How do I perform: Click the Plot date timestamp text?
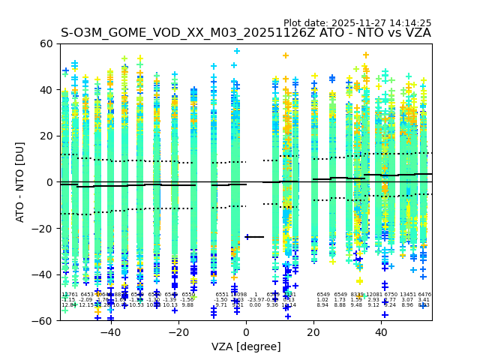point(357,23)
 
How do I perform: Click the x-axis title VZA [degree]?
point(245,346)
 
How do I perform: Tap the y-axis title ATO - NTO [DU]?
point(20,182)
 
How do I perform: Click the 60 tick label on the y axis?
point(46,43)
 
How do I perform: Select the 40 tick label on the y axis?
point(46,90)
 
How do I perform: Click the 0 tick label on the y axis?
point(49,182)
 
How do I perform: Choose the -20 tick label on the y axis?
point(43,228)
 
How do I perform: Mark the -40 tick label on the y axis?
point(43,274)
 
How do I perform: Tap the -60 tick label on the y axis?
point(43,320)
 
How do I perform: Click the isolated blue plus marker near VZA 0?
point(247,237)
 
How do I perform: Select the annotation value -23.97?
point(255,300)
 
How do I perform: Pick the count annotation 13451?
point(407,295)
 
